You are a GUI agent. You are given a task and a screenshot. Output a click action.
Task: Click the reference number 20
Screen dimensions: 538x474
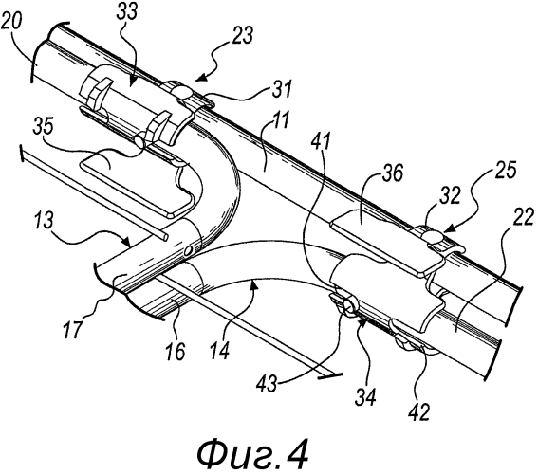11,25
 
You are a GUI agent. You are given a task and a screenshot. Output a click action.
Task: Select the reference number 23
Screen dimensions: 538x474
242,36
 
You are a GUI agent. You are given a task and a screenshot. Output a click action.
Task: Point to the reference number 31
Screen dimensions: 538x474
281,89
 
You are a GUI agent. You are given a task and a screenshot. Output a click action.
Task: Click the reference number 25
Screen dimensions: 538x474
506,170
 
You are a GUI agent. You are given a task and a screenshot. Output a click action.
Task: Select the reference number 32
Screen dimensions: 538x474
450,197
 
